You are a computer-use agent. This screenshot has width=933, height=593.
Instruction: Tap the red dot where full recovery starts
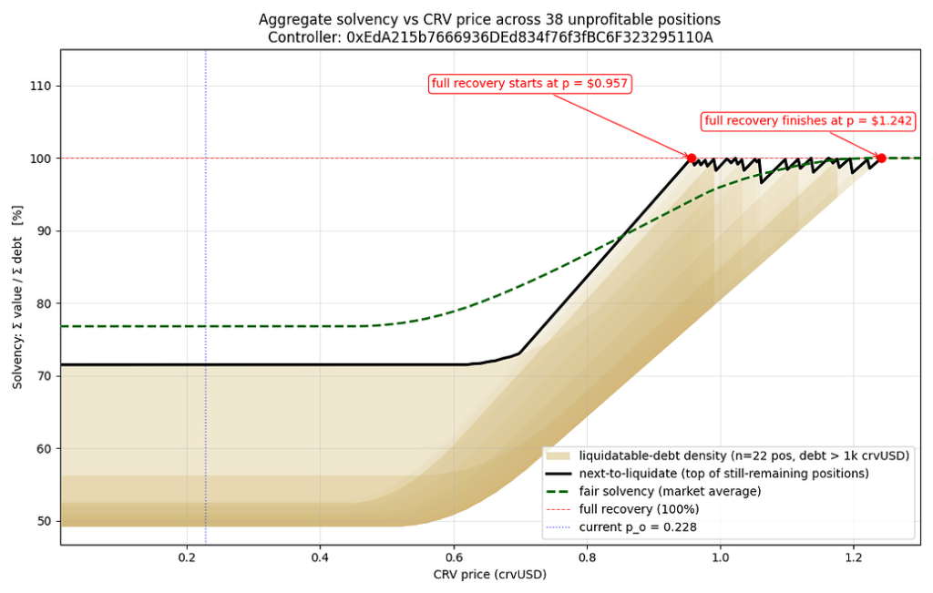(691, 158)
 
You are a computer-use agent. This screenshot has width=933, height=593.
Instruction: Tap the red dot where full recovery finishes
(881, 158)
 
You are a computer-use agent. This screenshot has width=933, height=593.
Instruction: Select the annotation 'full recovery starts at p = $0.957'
(530, 84)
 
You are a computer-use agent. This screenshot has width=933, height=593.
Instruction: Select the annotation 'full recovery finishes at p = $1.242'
(808, 121)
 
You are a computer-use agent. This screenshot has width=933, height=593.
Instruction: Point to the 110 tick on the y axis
(40, 86)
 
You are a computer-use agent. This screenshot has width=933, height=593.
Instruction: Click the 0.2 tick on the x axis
(188, 557)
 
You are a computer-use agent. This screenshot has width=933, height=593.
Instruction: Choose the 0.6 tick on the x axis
(454, 557)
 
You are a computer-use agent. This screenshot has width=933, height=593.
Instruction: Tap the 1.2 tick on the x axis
(854, 557)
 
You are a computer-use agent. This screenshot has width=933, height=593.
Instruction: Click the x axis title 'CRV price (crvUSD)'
(489, 575)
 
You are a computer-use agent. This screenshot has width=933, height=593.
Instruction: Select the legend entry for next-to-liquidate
(723, 474)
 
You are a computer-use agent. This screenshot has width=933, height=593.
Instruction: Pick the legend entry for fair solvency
(670, 492)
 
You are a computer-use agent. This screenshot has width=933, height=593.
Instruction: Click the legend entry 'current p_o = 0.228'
(637, 527)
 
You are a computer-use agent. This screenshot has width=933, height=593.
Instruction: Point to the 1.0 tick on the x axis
(721, 557)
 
